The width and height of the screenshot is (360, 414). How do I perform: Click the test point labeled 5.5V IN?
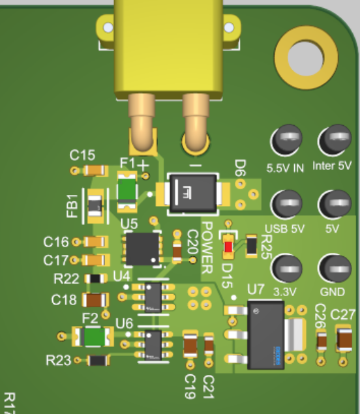286,140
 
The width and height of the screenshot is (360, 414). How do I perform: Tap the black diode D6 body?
193,193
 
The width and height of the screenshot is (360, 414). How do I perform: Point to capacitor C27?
344,339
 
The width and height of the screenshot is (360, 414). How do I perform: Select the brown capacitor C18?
95,300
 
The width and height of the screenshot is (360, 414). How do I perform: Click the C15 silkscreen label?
82,155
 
